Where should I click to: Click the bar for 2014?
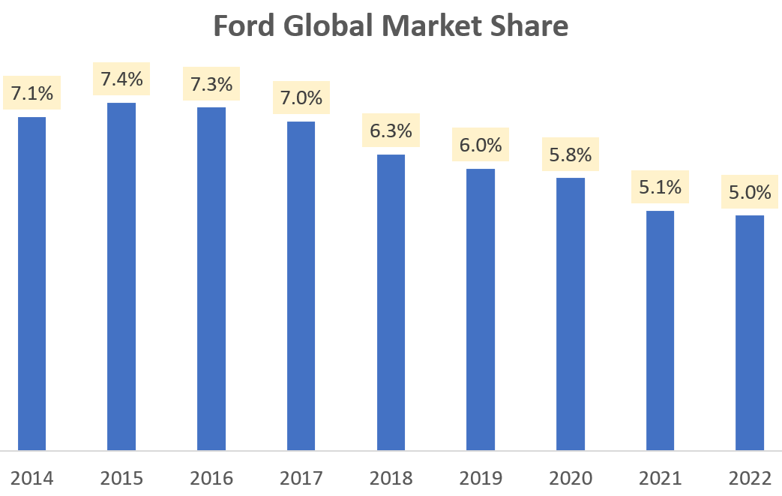pyautogui.click(x=31, y=284)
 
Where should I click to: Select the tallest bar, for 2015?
pyautogui.click(x=121, y=276)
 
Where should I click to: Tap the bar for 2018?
pyautogui.click(x=391, y=302)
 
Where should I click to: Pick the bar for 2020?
pyautogui.click(x=570, y=314)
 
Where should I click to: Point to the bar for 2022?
pyautogui.click(x=750, y=332)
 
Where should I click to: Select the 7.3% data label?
pyautogui.click(x=211, y=84)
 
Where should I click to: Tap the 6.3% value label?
pyautogui.click(x=391, y=131)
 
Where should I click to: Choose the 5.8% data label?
pyautogui.click(x=570, y=155)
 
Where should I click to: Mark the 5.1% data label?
pyautogui.click(x=660, y=188)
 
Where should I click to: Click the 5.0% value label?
pyautogui.click(x=750, y=193)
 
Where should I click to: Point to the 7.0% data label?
pyautogui.click(x=301, y=98)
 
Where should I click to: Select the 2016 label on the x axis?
pyautogui.click(x=211, y=478)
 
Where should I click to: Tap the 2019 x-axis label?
pyautogui.click(x=480, y=478)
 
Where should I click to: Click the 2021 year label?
pyautogui.click(x=660, y=478)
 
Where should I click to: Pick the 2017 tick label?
pyautogui.click(x=301, y=478)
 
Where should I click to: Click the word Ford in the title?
pyautogui.click(x=241, y=26)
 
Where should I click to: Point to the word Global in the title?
pyautogui.click(x=325, y=26)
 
